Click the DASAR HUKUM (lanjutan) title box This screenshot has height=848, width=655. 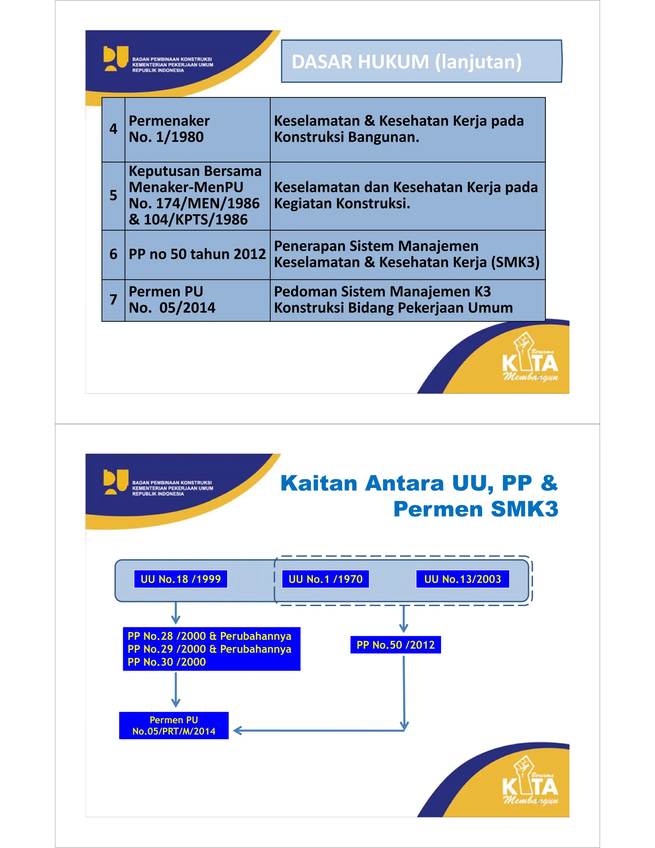422,61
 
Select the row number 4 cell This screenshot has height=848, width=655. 113,129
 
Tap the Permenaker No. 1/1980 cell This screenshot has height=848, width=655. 197,129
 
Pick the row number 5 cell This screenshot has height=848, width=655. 113,196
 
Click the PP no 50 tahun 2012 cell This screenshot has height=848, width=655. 197,254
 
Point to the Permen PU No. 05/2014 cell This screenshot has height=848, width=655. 197,300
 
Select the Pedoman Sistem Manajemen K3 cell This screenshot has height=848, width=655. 407,300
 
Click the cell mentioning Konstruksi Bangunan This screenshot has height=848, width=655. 407,129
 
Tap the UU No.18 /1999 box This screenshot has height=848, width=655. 180,579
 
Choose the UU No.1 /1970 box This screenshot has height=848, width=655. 325,579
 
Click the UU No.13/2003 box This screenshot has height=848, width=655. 462,579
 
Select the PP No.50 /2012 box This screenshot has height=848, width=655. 395,644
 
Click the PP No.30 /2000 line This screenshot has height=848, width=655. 167,662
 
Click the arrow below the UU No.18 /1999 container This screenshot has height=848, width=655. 176,613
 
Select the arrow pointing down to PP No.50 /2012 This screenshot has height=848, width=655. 404,619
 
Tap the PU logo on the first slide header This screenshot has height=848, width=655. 115,59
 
